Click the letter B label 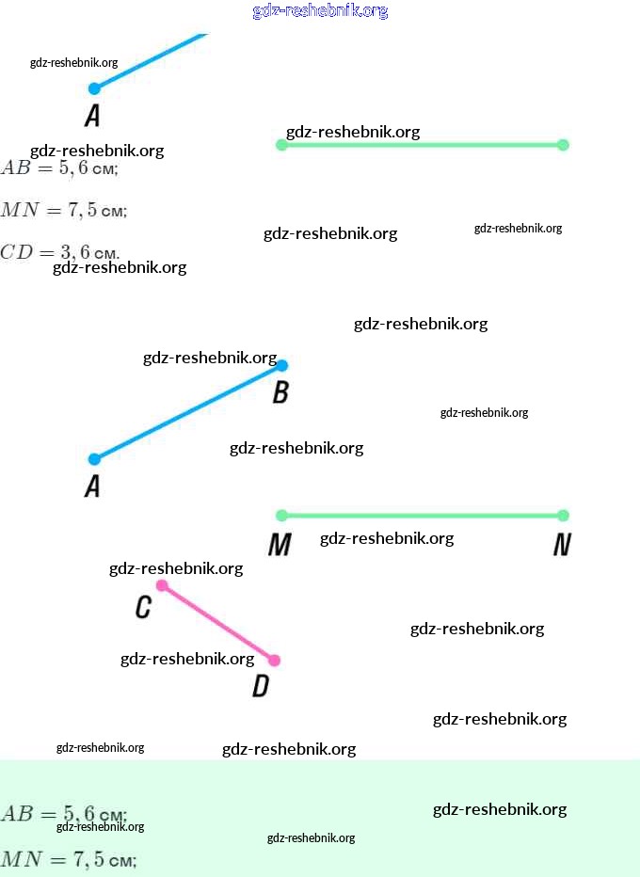point(280,392)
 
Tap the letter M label point(280,545)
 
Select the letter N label point(562,545)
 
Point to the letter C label point(143,608)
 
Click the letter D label point(261,687)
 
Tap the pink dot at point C point(162,585)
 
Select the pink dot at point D point(274,661)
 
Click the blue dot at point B point(281,365)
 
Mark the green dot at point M point(281,515)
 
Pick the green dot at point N point(563,515)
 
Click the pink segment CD point(218,623)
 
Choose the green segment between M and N point(422,515)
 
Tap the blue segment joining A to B point(188,412)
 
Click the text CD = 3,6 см point(59,252)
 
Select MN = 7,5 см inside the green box point(68,859)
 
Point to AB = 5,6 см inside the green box point(63,814)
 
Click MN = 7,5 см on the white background point(63,210)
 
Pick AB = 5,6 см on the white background point(58,168)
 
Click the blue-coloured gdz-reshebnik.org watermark point(320,11)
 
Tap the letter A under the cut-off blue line point(92,116)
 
